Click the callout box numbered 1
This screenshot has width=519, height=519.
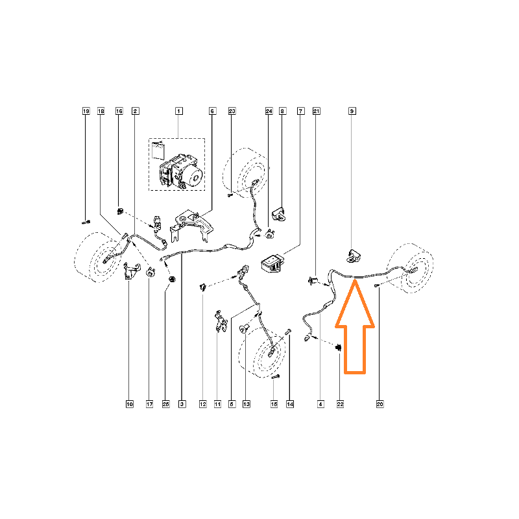[x=179, y=111]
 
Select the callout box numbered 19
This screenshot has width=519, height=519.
[x=86, y=111]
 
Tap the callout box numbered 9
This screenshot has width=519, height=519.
[x=352, y=111]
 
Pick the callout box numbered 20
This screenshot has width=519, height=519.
[x=380, y=404]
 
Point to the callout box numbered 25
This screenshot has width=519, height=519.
[x=166, y=404]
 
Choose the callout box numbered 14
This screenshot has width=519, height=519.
[x=290, y=404]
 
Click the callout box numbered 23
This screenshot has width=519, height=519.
[x=232, y=111]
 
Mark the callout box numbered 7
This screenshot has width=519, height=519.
[x=301, y=111]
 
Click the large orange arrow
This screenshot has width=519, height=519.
[x=355, y=327]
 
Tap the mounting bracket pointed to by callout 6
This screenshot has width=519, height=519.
[x=191, y=225]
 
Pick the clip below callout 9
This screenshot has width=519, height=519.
[x=354, y=256]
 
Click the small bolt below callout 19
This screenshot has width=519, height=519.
[x=86, y=222]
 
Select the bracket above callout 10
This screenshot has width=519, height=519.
[x=132, y=271]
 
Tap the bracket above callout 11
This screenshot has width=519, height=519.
[x=221, y=320]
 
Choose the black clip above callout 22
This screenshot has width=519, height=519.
[x=339, y=348]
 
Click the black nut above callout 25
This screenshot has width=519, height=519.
[x=172, y=280]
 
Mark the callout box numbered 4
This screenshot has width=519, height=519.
[x=320, y=404]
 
